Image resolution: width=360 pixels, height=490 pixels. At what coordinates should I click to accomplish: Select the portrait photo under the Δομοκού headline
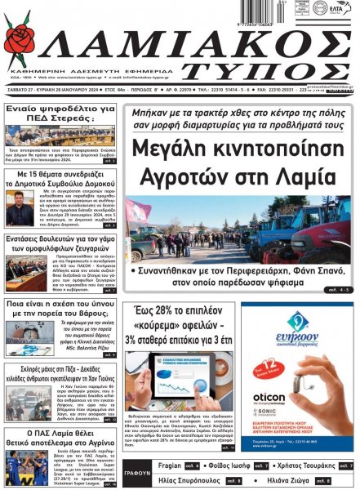tap(18, 209)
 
